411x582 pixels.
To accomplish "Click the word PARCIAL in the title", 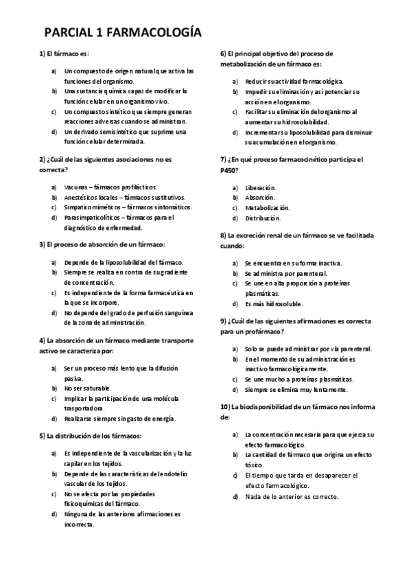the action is tap(67, 32).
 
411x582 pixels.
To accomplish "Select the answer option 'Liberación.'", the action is tap(261, 187).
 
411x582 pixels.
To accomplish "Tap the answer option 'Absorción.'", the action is tap(260, 198).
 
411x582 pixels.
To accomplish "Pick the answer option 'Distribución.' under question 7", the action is tap(263, 218).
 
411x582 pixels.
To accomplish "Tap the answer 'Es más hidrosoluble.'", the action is tap(273, 303).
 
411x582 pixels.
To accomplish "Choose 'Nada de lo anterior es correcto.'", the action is tap(292, 496).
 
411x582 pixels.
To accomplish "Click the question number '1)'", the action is tap(42, 54).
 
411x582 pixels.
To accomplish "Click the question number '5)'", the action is tap(42, 435).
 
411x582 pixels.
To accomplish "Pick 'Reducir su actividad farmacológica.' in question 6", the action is tap(294, 81).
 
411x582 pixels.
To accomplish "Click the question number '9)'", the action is tap(223, 320).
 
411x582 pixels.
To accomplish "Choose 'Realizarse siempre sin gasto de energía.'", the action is tap(120, 419).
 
